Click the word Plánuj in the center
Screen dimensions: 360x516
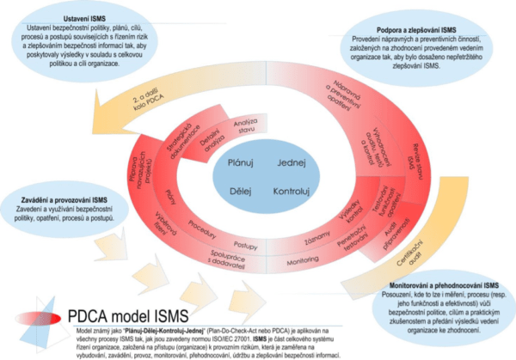239,163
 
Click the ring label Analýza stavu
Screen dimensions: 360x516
247,126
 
